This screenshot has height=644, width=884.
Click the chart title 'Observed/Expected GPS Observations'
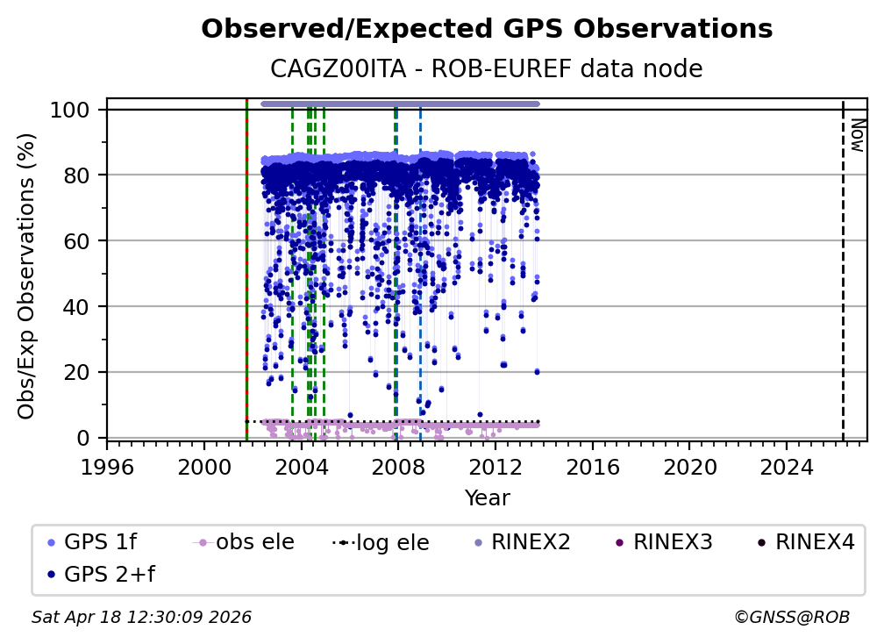pos(487,29)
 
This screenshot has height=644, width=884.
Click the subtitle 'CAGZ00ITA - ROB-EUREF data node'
pos(487,68)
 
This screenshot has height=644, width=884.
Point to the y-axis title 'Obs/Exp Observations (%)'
pos(27,275)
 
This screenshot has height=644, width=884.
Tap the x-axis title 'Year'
pos(487,498)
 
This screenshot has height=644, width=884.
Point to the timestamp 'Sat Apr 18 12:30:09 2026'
pos(141,617)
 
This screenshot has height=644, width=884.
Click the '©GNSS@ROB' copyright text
pos(791,617)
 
